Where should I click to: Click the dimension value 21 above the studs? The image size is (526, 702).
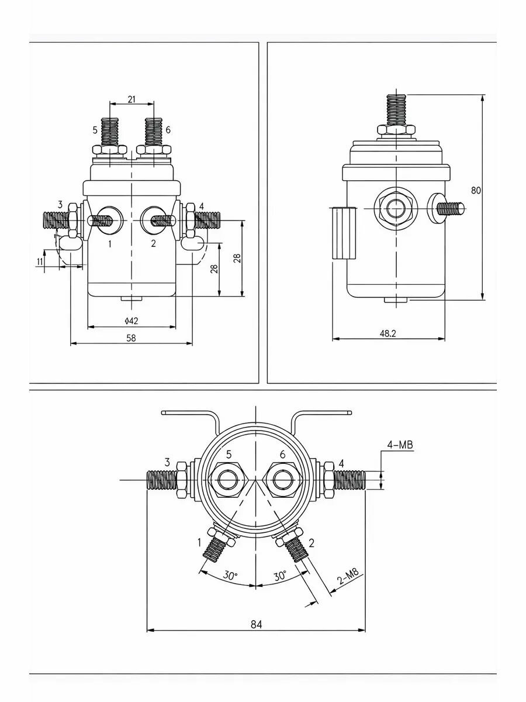click(131, 99)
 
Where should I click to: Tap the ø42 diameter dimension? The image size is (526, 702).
click(131, 321)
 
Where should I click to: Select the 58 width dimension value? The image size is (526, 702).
click(131, 338)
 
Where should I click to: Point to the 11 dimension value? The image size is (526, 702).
click(39, 261)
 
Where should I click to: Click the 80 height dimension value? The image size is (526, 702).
click(476, 190)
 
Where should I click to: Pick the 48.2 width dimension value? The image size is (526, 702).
click(387, 333)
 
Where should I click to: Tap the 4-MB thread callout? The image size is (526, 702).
click(400, 445)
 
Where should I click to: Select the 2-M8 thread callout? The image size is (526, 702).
click(349, 576)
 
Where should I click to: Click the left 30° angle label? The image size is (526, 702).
click(230, 576)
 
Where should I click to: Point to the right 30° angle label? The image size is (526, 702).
click(281, 576)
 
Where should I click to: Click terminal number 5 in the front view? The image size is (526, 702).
click(95, 130)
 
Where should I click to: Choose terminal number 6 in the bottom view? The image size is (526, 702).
click(282, 454)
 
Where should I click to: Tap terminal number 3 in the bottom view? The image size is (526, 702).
click(167, 462)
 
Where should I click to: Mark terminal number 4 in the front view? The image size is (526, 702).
click(201, 207)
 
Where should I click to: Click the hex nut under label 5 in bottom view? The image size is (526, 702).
click(228, 480)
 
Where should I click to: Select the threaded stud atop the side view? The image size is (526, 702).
click(396, 110)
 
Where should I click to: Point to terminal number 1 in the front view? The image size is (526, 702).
click(110, 244)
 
